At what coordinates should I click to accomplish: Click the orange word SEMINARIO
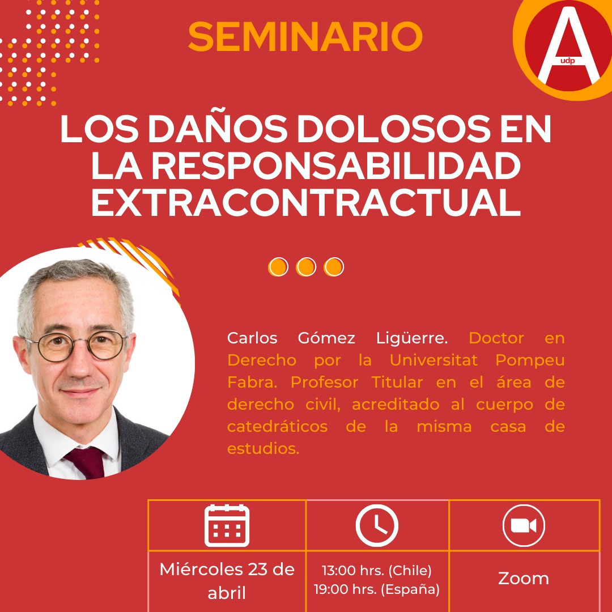[305, 36]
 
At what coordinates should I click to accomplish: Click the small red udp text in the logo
[567, 61]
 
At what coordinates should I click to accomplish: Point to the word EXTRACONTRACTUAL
[306, 202]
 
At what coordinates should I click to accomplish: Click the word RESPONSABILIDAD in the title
[336, 165]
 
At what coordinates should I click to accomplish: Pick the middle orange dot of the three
[305, 267]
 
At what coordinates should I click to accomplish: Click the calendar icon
[227, 525]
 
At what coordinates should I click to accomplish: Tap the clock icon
[377, 525]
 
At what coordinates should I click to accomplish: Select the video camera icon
[524, 525]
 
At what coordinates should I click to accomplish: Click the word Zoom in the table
[524, 579]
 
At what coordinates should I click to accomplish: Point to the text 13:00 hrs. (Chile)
[377, 571]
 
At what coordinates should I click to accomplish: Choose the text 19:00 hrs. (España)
[377, 589]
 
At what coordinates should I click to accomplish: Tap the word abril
[227, 593]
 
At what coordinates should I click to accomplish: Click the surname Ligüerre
[412, 338]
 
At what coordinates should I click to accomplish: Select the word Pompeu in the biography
[530, 360]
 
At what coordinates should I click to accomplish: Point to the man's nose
[79, 363]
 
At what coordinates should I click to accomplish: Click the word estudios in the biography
[263, 448]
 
